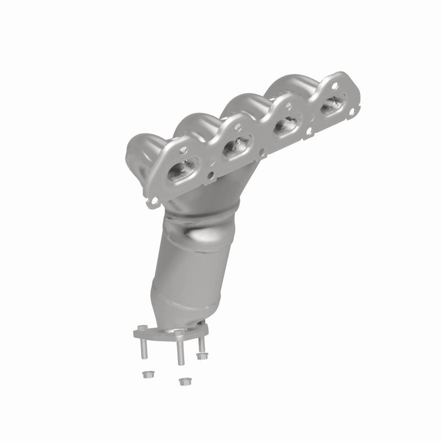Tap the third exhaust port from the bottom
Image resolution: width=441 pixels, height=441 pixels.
[x=285, y=127]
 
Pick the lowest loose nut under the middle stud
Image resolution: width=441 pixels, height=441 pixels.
[x=183, y=381]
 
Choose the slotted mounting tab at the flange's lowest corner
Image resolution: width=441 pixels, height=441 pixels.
[x=151, y=202]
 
